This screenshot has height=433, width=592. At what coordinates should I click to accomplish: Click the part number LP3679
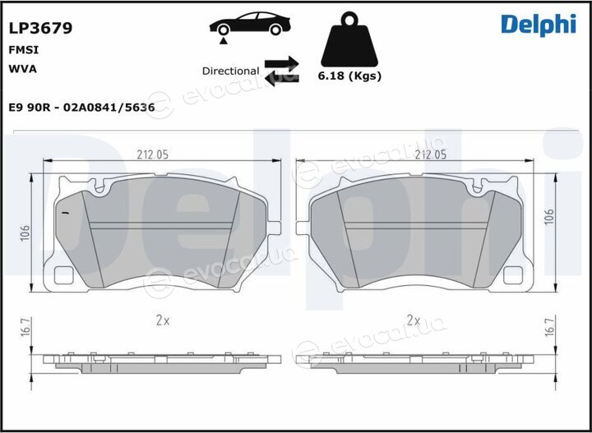(x=40, y=28)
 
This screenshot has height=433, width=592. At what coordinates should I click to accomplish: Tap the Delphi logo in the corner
(x=539, y=25)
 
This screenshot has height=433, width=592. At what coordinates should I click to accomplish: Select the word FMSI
(x=23, y=50)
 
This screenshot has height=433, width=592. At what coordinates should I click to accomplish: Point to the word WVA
(x=22, y=69)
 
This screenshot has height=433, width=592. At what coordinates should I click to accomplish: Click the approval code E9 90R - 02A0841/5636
(x=81, y=108)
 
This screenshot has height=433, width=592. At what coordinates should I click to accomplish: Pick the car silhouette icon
(x=250, y=25)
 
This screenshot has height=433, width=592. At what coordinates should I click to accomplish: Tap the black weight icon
(x=349, y=39)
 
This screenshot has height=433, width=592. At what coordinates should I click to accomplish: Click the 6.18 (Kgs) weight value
(x=349, y=76)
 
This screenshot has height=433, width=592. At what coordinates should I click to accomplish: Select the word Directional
(x=231, y=71)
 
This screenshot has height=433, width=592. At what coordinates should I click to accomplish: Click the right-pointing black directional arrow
(x=282, y=63)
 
